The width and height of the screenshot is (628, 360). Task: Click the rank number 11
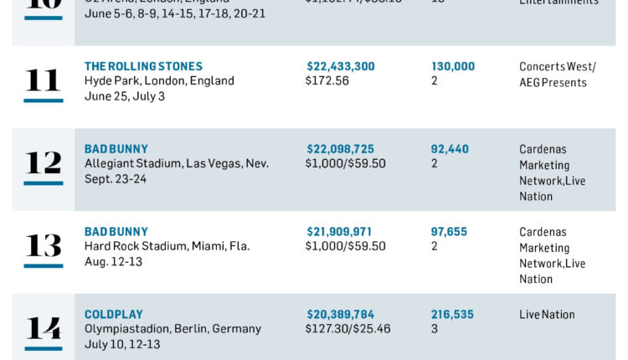click(x=43, y=80)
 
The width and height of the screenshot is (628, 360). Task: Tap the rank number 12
click(x=43, y=162)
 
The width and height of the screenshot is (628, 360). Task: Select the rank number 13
click(x=43, y=245)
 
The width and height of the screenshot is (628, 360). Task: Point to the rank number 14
click(x=43, y=328)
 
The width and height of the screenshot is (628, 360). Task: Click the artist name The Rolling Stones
click(x=143, y=66)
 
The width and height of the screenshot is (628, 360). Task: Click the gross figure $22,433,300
click(x=341, y=66)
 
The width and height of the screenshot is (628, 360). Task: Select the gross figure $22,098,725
click(x=341, y=149)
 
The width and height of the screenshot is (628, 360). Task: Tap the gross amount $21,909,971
click(x=340, y=232)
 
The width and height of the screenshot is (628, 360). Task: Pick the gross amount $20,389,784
click(x=341, y=315)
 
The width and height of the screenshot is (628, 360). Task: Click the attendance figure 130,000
click(x=453, y=66)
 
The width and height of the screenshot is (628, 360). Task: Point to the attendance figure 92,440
click(x=450, y=149)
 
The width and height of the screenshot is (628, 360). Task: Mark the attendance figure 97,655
click(x=450, y=232)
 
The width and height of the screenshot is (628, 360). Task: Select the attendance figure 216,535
click(x=452, y=315)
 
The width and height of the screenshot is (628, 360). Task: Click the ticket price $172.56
click(x=328, y=81)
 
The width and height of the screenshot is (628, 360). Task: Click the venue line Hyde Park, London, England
click(x=159, y=81)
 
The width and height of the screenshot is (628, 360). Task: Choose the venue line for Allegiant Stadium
click(x=177, y=163)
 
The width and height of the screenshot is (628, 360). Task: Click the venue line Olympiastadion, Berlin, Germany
click(x=172, y=329)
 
